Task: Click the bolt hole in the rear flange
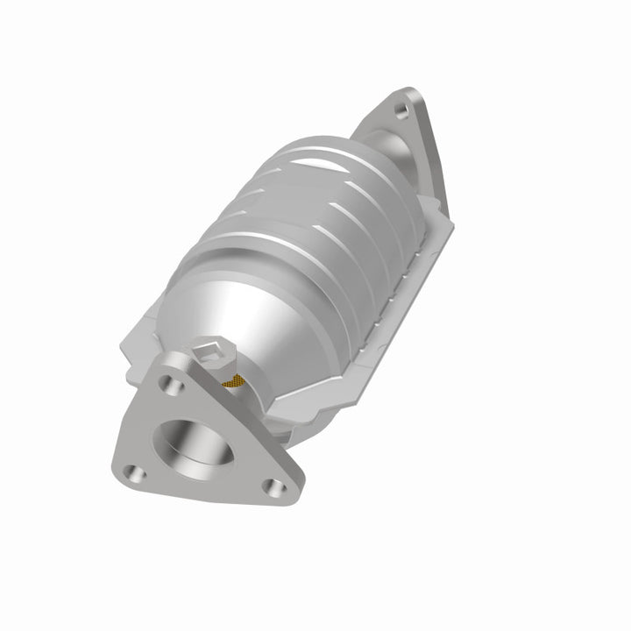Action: (x=401, y=110)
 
